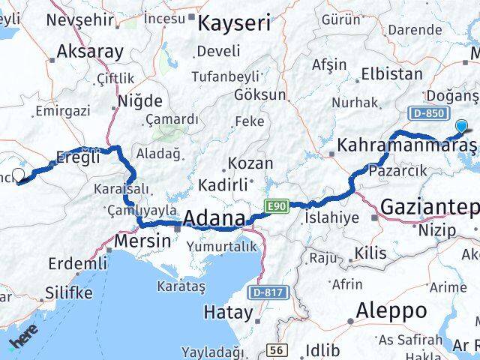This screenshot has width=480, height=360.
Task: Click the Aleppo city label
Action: coord(391,310)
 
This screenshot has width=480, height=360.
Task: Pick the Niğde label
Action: coord(139,100)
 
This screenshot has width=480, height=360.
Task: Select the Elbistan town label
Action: coord(391,74)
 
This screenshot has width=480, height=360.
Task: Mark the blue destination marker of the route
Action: coord(460,127)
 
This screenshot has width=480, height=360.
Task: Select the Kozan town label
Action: coord(244,163)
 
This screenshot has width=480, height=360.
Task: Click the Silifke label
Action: coord(68,292)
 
